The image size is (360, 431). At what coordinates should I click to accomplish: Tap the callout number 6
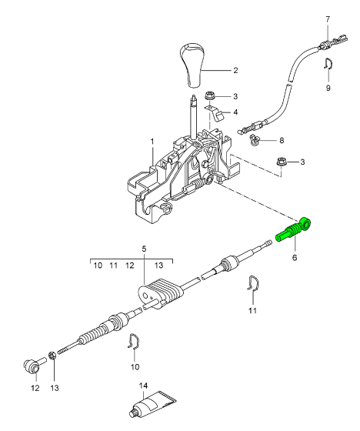coord(295,258)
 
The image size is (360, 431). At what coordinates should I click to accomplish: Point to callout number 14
coord(143,386)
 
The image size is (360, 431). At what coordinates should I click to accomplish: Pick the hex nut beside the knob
coord(210,97)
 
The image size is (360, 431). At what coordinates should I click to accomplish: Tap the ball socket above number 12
coord(32,365)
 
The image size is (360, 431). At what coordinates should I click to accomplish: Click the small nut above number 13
coord(52,356)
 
